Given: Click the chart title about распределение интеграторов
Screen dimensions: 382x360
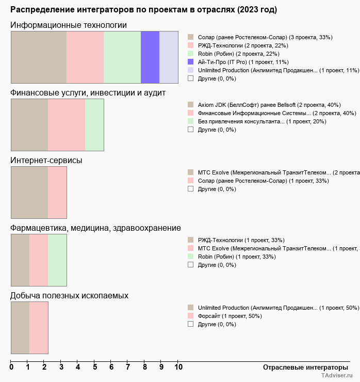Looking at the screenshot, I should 143,10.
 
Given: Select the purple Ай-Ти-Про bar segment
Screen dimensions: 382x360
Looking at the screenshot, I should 150,57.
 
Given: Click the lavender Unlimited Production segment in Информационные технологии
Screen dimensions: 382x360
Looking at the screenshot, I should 169,57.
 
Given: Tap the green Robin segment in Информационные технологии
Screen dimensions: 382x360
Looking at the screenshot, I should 122,57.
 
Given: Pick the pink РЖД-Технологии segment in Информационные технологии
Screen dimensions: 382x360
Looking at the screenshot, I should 85,57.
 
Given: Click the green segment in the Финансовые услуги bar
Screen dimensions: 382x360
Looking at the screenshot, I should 94,125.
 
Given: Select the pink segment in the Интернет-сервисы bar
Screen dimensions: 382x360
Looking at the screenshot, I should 57,193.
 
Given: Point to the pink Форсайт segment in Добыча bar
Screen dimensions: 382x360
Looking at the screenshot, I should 39,328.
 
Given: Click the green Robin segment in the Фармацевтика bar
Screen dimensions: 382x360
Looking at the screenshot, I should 57,260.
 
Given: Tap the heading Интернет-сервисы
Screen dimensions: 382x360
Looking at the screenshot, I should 46,160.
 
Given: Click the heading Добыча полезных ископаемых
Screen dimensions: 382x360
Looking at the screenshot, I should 70,295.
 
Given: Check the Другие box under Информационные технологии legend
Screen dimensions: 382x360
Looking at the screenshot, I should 191,78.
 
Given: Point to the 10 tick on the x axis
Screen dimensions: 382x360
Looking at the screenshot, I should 178,368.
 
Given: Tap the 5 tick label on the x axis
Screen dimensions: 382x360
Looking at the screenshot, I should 95,368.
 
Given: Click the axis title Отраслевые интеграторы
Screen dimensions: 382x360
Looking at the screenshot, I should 302,367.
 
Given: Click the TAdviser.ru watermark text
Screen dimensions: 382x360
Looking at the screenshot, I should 337,376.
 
